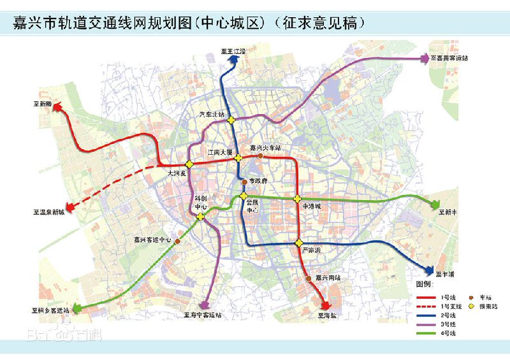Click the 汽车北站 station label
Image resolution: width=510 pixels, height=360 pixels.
pos(212,114)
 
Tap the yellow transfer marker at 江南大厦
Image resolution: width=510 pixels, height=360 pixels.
pos(238,158)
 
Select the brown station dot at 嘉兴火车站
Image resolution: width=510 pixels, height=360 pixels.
pos(260,155)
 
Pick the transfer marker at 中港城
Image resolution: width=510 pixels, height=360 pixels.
pos(297,199)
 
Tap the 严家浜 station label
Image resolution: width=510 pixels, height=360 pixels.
pos(310,250)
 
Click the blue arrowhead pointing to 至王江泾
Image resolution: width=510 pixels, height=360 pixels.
pos(233,59)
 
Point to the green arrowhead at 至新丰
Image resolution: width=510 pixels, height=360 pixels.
pos(435,205)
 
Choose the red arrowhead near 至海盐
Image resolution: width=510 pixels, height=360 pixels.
pos(324,304)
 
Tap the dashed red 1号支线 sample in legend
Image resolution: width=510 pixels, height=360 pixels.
pos(428,306)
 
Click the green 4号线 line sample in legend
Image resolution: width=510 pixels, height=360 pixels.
pos(428,333)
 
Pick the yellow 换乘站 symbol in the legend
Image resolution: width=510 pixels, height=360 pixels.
pos(470,306)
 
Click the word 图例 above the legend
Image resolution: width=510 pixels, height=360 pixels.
pos(425,282)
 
